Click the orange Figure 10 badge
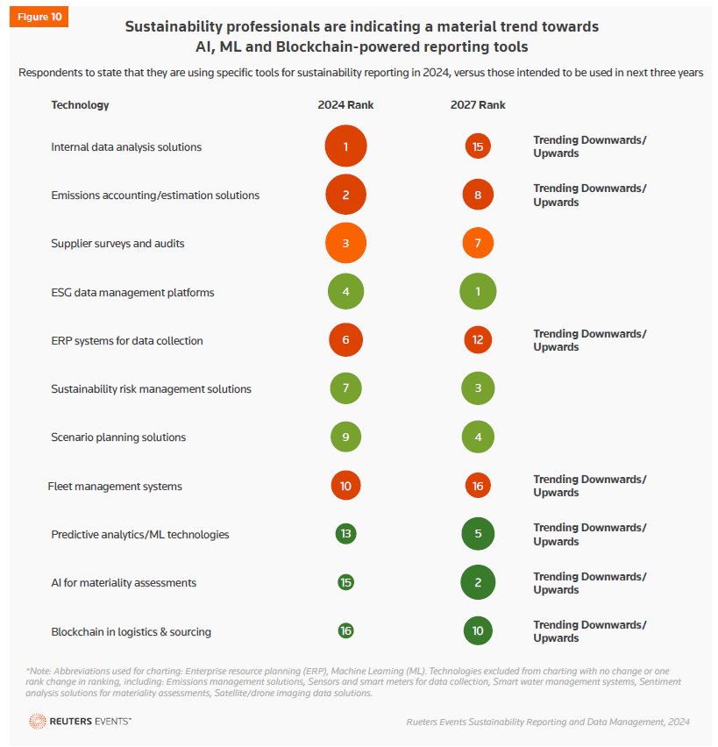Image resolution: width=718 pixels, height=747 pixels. point(38,18)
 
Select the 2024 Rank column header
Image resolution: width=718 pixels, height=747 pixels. point(345,105)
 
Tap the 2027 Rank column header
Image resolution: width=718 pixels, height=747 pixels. point(478,105)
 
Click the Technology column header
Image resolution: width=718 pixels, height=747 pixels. point(80,105)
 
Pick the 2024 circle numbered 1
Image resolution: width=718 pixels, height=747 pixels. point(345,146)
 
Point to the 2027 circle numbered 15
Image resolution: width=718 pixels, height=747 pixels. point(478,146)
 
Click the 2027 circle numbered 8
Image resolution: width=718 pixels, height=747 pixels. point(478,195)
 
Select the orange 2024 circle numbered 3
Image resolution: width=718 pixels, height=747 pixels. point(345,243)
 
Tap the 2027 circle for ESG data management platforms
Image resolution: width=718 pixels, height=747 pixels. point(478,292)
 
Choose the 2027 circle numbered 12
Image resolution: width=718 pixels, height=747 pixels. point(478,340)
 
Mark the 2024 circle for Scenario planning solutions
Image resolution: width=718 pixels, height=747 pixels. point(345,437)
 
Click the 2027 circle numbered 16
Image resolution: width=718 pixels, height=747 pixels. point(478,486)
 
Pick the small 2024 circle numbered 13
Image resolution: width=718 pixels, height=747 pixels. point(345,534)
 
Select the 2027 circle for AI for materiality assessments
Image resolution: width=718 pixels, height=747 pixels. point(478,582)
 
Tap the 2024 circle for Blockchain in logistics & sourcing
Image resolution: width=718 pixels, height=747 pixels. point(345,631)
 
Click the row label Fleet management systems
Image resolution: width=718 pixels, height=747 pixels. point(115,486)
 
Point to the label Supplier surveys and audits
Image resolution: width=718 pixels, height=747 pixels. point(117,243)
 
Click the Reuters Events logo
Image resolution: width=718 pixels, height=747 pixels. point(80,721)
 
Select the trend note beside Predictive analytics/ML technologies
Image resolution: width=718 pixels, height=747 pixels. point(589,534)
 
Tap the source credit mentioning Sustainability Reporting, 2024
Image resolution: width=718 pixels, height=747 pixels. point(548,722)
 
